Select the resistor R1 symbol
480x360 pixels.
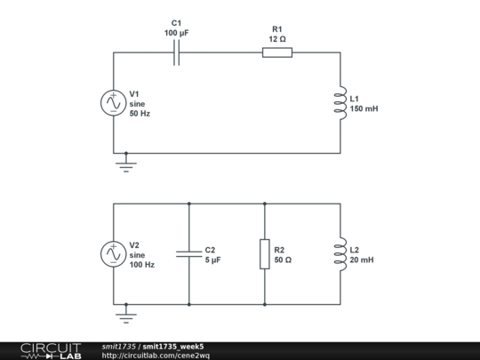coord(277,52)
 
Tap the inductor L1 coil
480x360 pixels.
coord(340,103)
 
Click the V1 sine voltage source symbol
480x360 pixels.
coord(114,103)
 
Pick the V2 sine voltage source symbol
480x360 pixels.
coord(114,254)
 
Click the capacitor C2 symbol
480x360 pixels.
coord(189,254)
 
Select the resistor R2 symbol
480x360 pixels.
coord(265,254)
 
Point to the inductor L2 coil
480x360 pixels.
coord(340,254)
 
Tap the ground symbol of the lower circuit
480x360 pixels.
coord(126,316)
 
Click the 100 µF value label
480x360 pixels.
coord(177,33)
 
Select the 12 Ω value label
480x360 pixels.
coord(277,39)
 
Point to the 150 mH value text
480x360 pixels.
coord(364,108)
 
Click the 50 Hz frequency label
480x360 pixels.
coord(140,114)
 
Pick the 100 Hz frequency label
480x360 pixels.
coord(142,265)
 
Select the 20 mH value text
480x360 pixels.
coord(362,260)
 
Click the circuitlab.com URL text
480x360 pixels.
coord(156,356)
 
